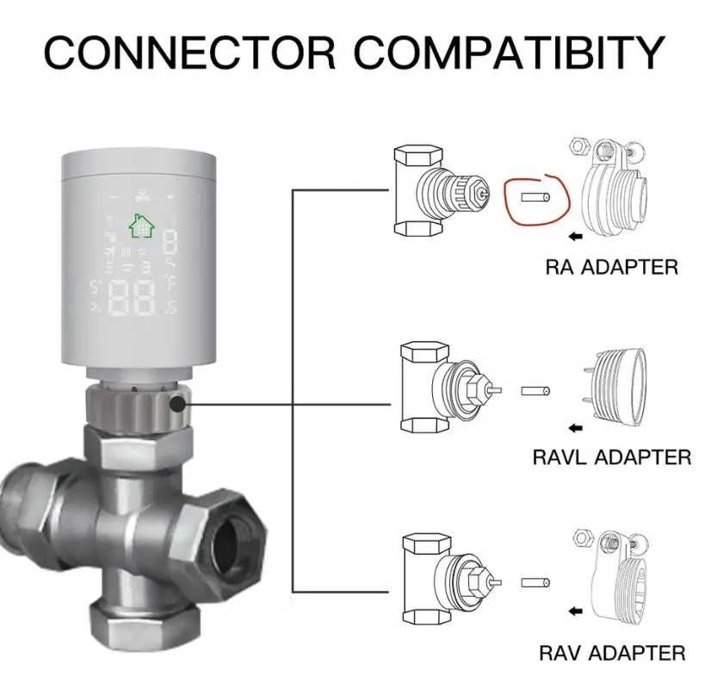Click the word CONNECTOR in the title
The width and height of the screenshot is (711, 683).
189,53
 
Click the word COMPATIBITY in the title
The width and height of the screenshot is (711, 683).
507,53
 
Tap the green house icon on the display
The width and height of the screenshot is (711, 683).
139,226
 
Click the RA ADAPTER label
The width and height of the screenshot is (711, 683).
611,267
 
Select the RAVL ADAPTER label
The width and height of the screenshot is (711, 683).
611,456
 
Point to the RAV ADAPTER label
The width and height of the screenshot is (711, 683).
612,652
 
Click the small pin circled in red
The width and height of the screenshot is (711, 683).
535,197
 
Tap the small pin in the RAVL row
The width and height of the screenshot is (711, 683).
535,390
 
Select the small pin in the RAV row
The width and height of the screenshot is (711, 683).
535,583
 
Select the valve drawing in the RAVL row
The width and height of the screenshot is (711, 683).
443,388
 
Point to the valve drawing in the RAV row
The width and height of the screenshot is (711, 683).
443,581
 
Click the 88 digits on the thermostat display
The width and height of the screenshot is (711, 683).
131,297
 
